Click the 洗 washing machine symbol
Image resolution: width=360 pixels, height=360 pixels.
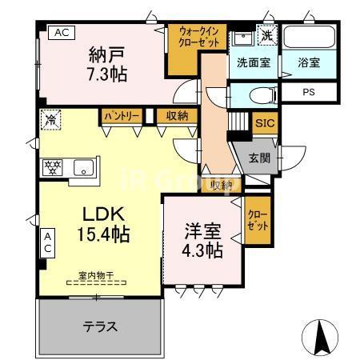coord(266,35)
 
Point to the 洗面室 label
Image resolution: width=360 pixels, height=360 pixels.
coord(252,61)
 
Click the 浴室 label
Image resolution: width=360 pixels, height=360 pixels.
coord(309,61)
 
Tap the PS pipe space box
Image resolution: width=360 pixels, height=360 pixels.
coord(309,92)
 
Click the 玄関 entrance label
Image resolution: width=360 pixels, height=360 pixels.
coord(259,157)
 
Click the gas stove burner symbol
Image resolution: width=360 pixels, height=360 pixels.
coord(53,168)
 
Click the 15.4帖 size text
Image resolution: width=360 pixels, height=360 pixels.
coord(104,235)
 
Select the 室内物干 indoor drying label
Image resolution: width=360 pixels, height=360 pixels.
coord(96,275)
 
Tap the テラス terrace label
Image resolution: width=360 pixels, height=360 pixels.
coord(101,326)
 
